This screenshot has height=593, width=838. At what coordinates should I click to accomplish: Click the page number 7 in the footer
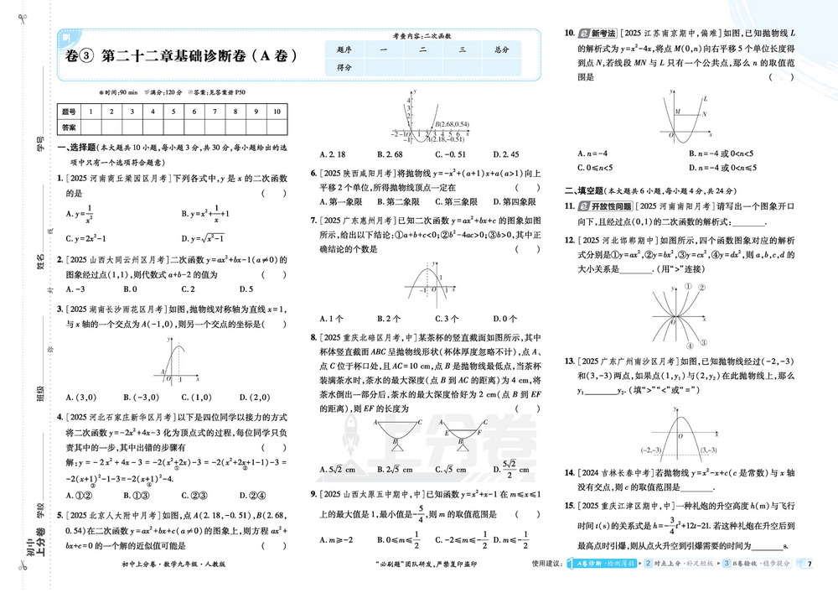(810, 562)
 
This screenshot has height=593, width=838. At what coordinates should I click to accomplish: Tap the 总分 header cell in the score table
(501, 49)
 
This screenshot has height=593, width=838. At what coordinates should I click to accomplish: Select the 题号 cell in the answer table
(69, 111)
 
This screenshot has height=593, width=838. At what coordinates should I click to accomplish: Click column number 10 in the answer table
(277, 111)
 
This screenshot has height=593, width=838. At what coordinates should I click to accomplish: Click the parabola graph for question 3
(173, 362)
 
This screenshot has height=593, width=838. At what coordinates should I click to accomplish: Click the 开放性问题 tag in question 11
(608, 205)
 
